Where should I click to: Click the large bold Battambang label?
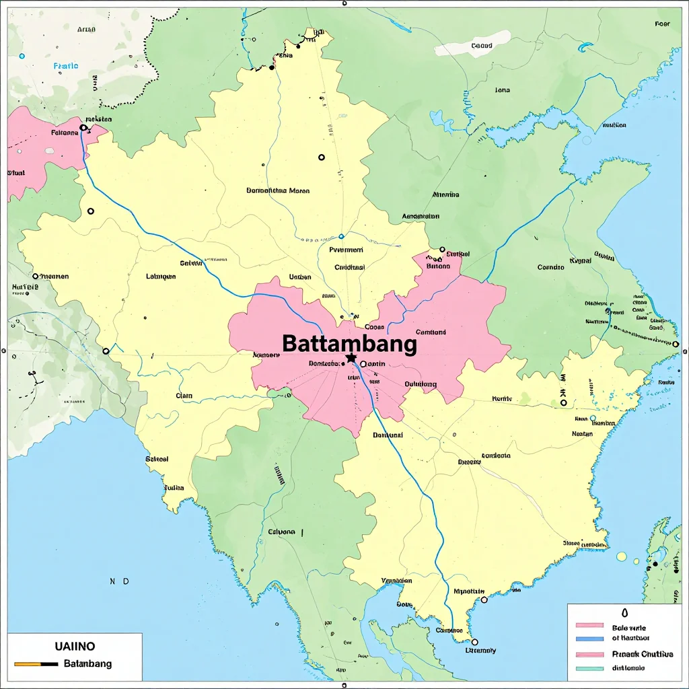pyautogui.click(x=349, y=344)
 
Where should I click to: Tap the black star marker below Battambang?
pyautogui.click(x=351, y=359)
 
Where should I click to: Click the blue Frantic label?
pyautogui.click(x=65, y=66)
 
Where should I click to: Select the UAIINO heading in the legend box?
pyautogui.click(x=75, y=646)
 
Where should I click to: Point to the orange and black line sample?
pyautogui.click(x=36, y=663)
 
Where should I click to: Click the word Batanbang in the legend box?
pyautogui.click(x=87, y=663)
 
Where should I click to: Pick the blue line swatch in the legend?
pyautogui.click(x=591, y=637)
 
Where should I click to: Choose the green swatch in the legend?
pyautogui.click(x=591, y=668)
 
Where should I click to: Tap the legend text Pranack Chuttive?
pyautogui.click(x=643, y=653)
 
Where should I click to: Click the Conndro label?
pyautogui.click(x=550, y=267)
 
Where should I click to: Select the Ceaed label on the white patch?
pyautogui.click(x=482, y=46)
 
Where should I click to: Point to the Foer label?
pyautogui.click(x=662, y=24)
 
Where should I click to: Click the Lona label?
pyautogui.click(x=502, y=89)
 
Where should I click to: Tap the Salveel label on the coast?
pyautogui.click(x=157, y=459)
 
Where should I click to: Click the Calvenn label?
pyautogui.click(x=281, y=532)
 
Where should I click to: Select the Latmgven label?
pyautogui.click(x=161, y=276)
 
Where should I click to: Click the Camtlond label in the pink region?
pyautogui.click(x=431, y=332)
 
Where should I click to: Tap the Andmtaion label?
pyautogui.click(x=421, y=217)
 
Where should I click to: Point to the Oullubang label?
pyautogui.click(x=421, y=384)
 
